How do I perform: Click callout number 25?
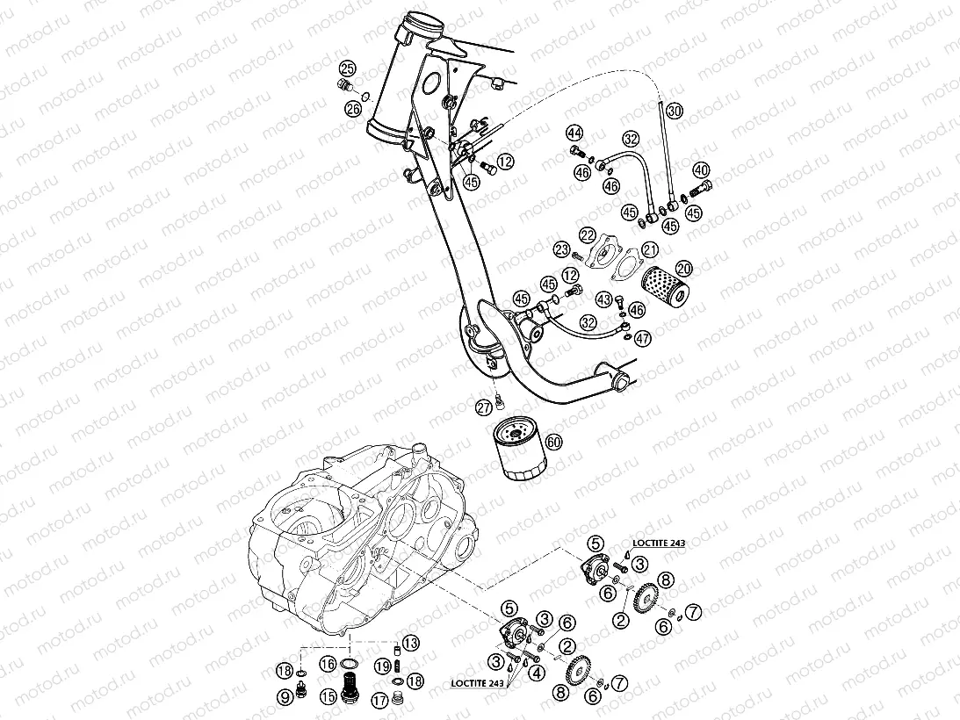[x=348, y=68]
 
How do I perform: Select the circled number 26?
[x=352, y=109]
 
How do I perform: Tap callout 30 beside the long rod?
[x=674, y=112]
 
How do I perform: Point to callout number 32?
[x=631, y=139]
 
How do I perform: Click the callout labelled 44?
[x=574, y=133]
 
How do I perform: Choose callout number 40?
[x=700, y=169]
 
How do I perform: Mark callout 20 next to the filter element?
[x=683, y=269]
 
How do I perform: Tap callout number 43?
[x=603, y=299]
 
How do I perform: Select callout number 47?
[x=643, y=337]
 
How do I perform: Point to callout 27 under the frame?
[x=484, y=407]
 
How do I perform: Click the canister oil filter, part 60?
[x=516, y=449]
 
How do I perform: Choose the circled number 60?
[x=553, y=442]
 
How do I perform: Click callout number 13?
[x=411, y=642]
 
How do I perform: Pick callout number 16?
[x=328, y=664]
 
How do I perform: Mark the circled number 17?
[x=380, y=700]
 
